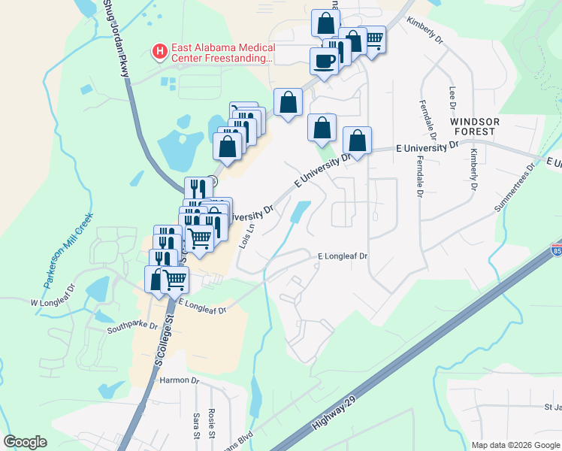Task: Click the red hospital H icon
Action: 159,51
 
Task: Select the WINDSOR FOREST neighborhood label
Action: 473,126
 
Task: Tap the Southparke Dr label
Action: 131,326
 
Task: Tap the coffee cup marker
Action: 324,61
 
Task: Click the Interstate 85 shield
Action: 556,249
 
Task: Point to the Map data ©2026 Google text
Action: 515,445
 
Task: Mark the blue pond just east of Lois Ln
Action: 300,212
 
